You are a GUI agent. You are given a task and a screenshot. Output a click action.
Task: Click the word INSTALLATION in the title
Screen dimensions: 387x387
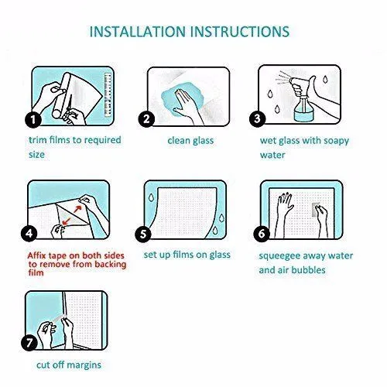138,32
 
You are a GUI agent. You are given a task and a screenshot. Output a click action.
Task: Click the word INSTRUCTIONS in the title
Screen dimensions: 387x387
240,32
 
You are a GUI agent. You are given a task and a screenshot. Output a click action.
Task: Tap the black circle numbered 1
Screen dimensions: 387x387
33,119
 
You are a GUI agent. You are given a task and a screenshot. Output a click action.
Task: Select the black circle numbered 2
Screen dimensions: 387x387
146,119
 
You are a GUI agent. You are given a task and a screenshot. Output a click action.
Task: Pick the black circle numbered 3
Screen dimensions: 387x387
258,118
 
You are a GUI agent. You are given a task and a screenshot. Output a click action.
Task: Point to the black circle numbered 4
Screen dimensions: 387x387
29,234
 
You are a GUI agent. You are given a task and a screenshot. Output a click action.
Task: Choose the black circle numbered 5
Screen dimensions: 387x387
143,234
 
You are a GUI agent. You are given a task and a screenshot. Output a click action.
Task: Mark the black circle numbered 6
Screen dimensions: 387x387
262,234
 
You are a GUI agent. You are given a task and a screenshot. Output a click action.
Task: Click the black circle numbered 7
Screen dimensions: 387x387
29,343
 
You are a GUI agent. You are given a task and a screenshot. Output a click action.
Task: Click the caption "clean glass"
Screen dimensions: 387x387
190,141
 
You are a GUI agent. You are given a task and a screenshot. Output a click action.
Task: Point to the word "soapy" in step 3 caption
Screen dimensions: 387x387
336,142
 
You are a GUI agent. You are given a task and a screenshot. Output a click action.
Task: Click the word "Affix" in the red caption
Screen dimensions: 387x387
37,255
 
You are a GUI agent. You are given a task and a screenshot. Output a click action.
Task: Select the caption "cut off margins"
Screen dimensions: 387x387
69,365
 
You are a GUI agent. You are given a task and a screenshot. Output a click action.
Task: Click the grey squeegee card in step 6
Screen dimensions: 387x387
316,209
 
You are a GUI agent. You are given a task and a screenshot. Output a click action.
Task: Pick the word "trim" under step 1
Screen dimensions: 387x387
38,140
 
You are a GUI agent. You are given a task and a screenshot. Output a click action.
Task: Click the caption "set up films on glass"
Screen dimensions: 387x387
187,255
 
